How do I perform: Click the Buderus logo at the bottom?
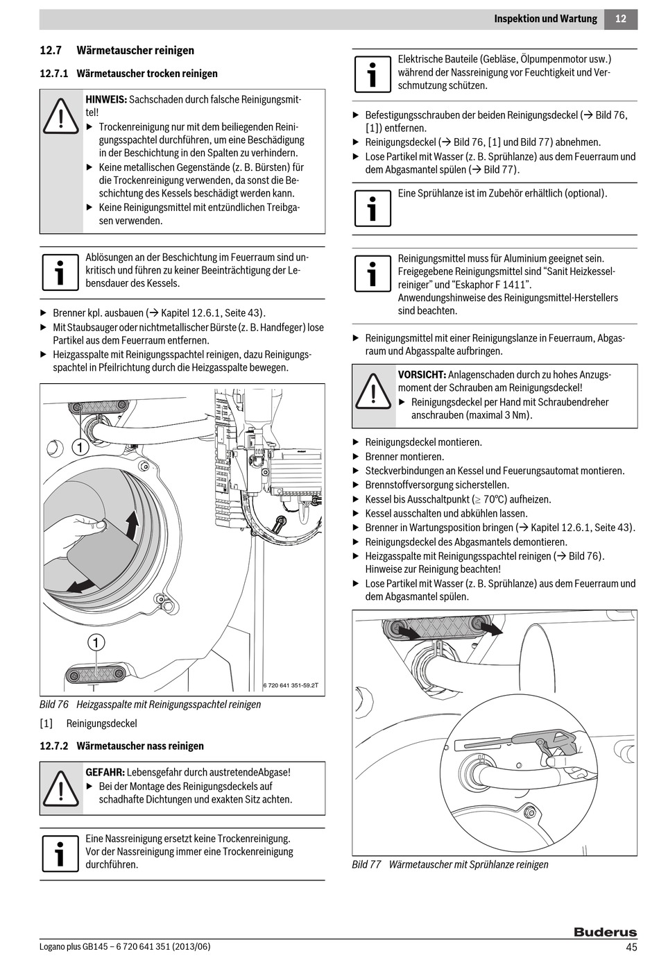pyautogui.click(x=605, y=932)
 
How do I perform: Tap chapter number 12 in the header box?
pyautogui.click(x=620, y=19)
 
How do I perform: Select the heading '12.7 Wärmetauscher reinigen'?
pyautogui.click(x=117, y=50)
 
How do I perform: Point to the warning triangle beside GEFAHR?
pyautogui.click(x=61, y=788)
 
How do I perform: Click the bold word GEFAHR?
pyautogui.click(x=105, y=772)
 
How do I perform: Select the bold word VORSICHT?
pyautogui.click(x=422, y=375)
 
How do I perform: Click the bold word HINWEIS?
pyautogui.click(x=106, y=99)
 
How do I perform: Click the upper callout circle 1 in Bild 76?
pyautogui.click(x=80, y=447)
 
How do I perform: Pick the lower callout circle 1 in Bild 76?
pyautogui.click(x=95, y=642)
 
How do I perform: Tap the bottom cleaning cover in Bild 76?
pyautogui.click(x=95, y=673)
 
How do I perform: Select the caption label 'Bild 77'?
pyautogui.click(x=366, y=864)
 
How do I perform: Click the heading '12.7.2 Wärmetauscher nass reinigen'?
pyautogui.click(x=122, y=746)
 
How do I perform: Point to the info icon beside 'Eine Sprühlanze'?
pyautogui.click(x=373, y=206)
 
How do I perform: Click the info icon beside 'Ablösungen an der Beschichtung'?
pyautogui.click(x=60, y=271)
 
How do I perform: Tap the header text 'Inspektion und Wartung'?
pyautogui.click(x=545, y=19)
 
